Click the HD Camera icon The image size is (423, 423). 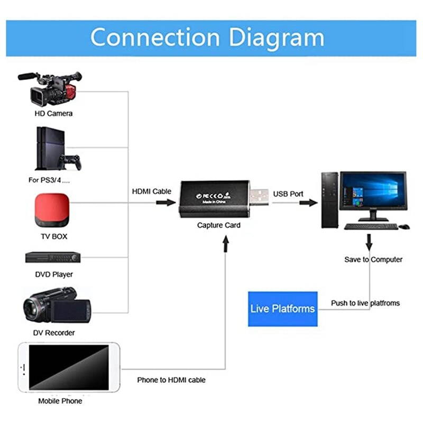click(x=50, y=89)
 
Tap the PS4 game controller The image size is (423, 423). click(x=70, y=160)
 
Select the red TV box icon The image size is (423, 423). click(x=52, y=210)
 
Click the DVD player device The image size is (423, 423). click(x=53, y=258)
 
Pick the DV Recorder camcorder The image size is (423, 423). click(x=57, y=306)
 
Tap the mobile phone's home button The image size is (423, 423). click(x=22, y=367)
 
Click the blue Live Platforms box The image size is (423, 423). click(x=282, y=309)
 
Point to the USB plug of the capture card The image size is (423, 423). click(x=259, y=196)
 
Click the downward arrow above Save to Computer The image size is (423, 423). click(x=369, y=243)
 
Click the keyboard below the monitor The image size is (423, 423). click(x=371, y=226)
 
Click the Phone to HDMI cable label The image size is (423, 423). click(x=171, y=380)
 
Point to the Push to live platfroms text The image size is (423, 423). click(x=365, y=303)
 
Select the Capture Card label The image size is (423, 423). click(x=219, y=225)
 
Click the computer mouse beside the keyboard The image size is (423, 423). click(x=404, y=226)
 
